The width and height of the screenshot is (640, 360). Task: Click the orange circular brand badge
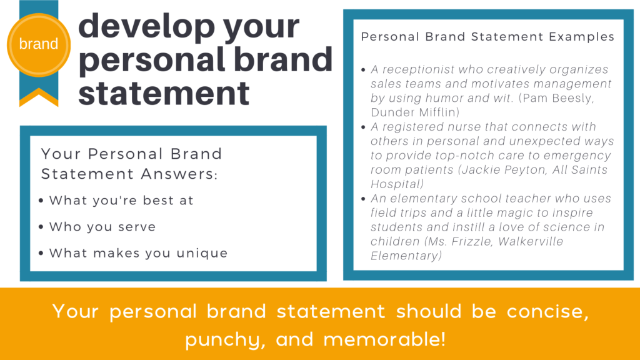click(39, 44)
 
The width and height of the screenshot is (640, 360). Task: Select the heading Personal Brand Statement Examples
click(487, 37)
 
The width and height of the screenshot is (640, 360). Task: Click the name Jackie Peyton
click(524, 170)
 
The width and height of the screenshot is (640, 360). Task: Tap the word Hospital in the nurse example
click(395, 184)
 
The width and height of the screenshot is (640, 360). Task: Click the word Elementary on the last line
click(406, 256)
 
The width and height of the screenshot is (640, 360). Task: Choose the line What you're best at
click(121, 201)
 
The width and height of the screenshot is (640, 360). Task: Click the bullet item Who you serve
click(102, 227)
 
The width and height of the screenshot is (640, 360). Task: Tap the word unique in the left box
click(204, 253)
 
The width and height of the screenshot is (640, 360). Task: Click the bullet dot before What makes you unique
click(41, 254)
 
